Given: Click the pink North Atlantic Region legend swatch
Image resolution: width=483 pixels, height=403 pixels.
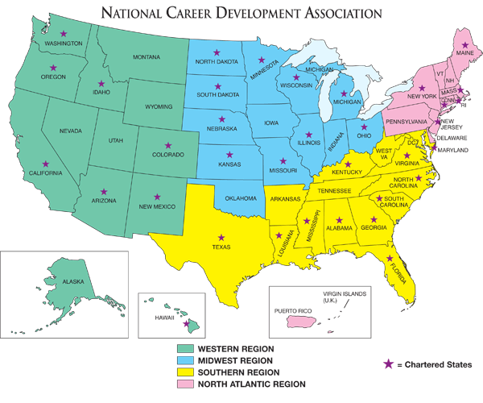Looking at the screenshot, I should point(184,384).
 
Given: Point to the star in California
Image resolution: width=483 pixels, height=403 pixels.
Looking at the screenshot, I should point(49,163).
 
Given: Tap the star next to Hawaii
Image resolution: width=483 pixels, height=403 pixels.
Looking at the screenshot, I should point(186,324).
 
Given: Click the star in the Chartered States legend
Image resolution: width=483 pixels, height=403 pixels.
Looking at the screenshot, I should point(389,365).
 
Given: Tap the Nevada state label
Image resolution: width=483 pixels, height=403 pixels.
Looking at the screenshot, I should point(72,131).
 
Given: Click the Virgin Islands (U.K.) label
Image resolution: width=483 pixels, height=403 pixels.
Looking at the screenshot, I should point(345,296).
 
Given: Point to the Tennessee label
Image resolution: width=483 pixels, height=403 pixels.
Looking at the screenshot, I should point(334,190).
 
